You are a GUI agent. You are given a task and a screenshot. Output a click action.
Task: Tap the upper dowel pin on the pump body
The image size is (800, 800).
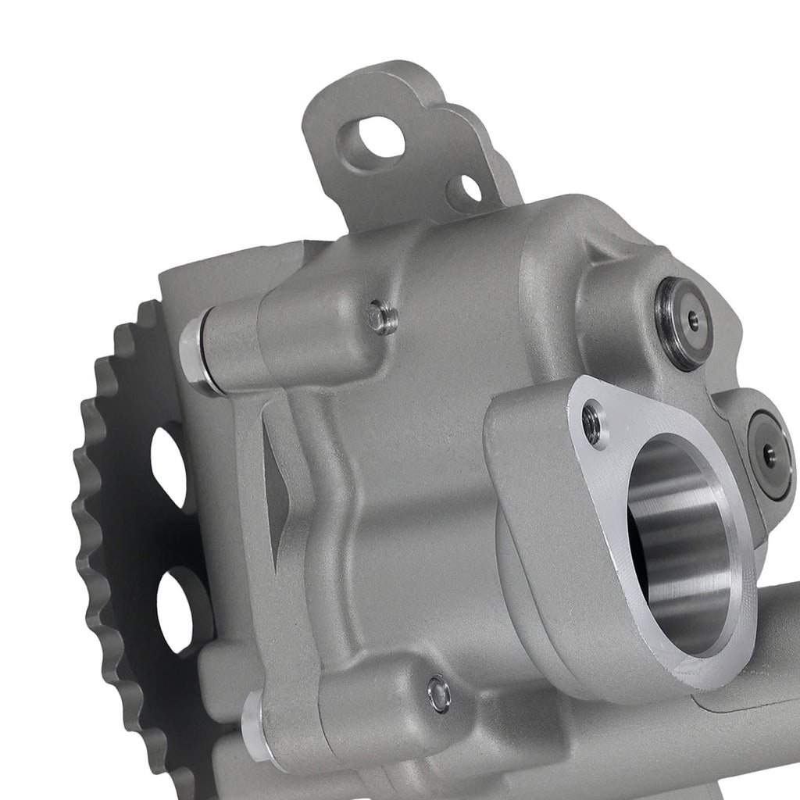coord(382,316)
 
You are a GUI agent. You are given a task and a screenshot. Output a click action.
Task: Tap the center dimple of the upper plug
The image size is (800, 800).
coord(692,320)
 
